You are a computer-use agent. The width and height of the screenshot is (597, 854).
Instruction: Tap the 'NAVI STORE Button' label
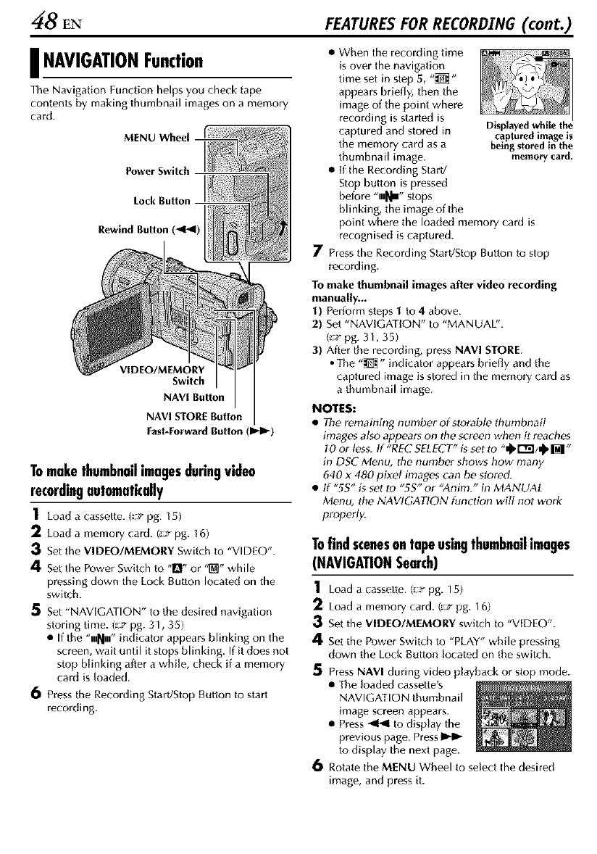pos(196,415)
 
